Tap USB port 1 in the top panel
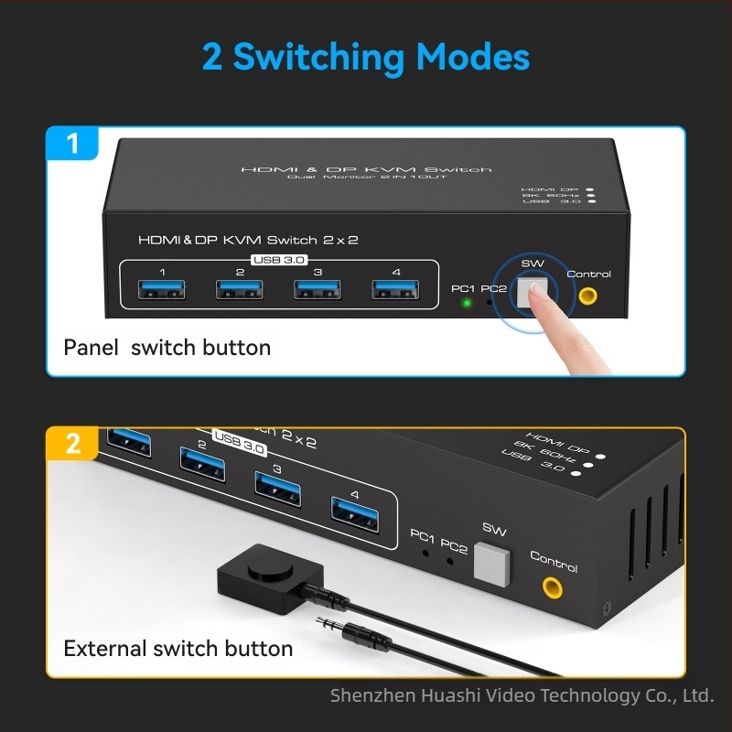point(162,290)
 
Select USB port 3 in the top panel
point(317,290)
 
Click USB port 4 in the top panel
point(395,290)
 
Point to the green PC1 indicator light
point(466,303)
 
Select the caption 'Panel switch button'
point(167,348)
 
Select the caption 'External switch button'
point(178,649)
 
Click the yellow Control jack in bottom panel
point(553,587)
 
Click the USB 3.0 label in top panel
point(280,260)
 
